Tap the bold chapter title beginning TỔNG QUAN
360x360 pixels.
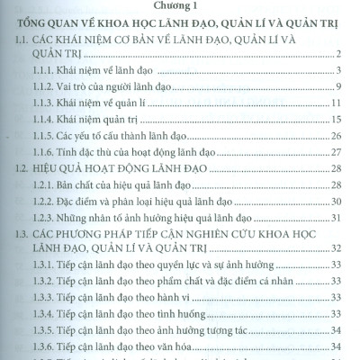point(180,24)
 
